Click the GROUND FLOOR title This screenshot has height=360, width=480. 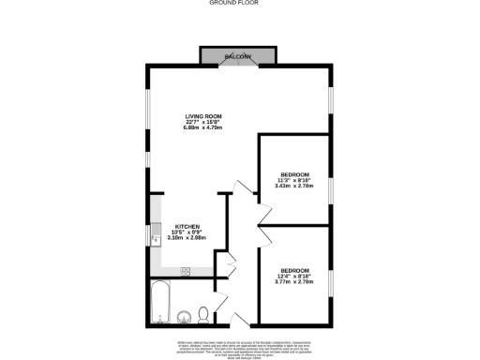239,4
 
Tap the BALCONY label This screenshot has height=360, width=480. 237,57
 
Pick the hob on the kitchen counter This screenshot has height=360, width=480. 186,271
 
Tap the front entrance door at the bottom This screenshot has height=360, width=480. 240,320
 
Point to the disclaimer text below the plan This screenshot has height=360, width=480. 239,347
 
